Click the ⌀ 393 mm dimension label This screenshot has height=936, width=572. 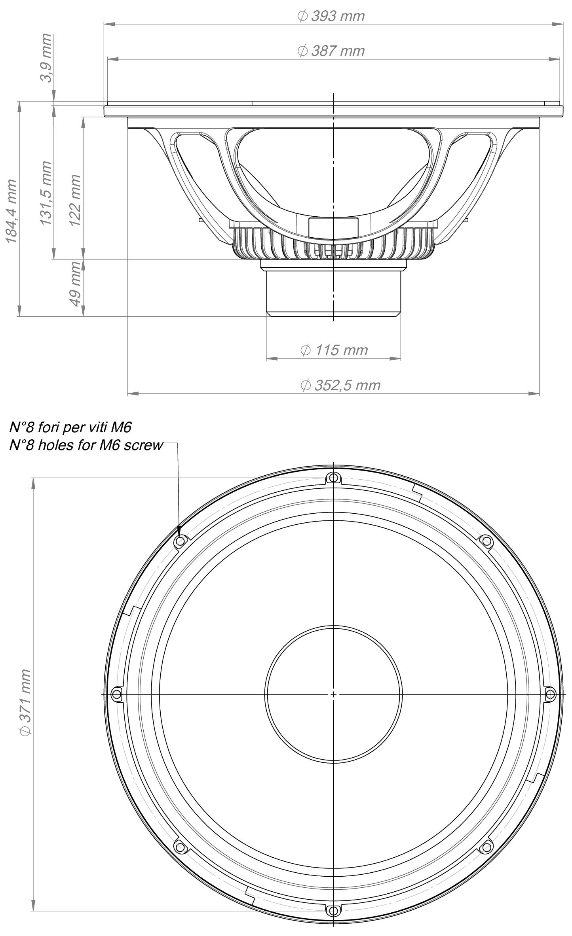coord(331,16)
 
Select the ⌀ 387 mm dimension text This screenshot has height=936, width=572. coord(331,51)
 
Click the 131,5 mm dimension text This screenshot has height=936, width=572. coord(46,193)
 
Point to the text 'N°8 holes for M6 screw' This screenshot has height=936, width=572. coord(86,445)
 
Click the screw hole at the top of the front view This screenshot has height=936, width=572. coord(333,477)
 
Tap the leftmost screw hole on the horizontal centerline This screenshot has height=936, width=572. coord(116,694)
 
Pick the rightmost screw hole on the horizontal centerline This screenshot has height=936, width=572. coord(550,694)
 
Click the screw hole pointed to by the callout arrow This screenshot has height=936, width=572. coord(181,541)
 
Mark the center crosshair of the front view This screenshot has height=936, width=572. coord(333,694)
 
